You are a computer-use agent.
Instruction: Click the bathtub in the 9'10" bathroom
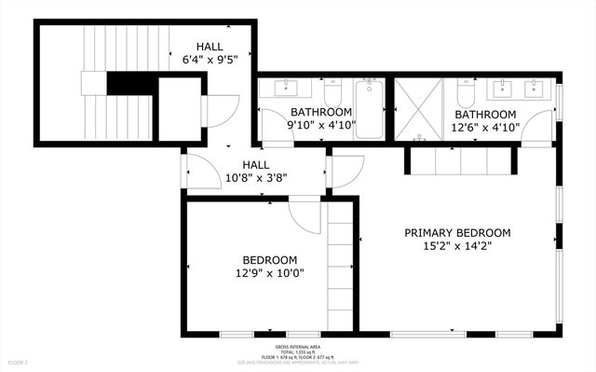pyautogui.click(x=369, y=109)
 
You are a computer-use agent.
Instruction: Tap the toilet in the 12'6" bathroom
pyautogui.click(x=467, y=93)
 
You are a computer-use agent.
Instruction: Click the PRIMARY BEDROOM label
pyautogui.click(x=457, y=233)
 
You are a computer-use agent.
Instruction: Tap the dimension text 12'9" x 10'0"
pyautogui.click(x=269, y=273)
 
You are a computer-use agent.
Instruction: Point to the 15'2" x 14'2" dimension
pyautogui.click(x=457, y=247)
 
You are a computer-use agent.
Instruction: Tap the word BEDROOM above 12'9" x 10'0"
pyautogui.click(x=269, y=260)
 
